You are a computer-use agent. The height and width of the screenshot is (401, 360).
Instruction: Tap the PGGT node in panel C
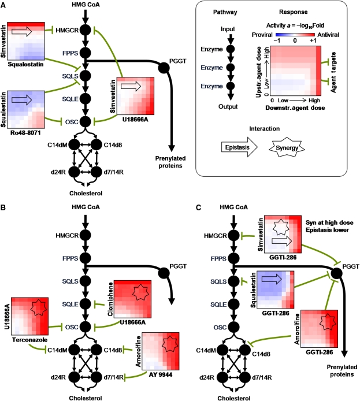click(x=336, y=274)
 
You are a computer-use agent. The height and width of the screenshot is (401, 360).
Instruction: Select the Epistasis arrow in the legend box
click(x=239, y=147)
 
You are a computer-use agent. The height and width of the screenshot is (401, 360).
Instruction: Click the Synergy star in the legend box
click(x=287, y=147)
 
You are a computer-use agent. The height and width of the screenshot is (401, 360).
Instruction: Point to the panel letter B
click(x=3, y=207)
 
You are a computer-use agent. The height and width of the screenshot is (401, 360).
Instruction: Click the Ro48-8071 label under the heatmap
click(x=25, y=133)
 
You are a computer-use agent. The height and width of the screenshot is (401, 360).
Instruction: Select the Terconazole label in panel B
click(x=29, y=340)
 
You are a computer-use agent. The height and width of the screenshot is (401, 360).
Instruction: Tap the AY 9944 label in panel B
click(x=161, y=374)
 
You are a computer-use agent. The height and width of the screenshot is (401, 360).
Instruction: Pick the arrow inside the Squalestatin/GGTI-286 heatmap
click(x=272, y=280)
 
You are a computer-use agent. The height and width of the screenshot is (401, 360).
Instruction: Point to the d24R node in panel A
click(x=74, y=172)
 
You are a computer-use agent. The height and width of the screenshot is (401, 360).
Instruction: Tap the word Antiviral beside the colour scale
click(x=328, y=35)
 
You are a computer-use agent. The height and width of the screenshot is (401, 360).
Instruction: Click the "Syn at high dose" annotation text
click(x=329, y=222)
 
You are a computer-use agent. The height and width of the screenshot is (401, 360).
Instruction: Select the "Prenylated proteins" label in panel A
click(x=170, y=162)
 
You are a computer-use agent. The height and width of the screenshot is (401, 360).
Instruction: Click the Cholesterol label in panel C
click(x=233, y=398)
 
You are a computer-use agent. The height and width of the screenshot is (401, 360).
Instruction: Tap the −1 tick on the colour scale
click(x=277, y=40)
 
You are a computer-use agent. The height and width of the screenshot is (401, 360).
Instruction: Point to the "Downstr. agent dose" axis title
click(x=295, y=108)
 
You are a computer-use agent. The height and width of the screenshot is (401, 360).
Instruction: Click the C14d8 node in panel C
click(x=244, y=350)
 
